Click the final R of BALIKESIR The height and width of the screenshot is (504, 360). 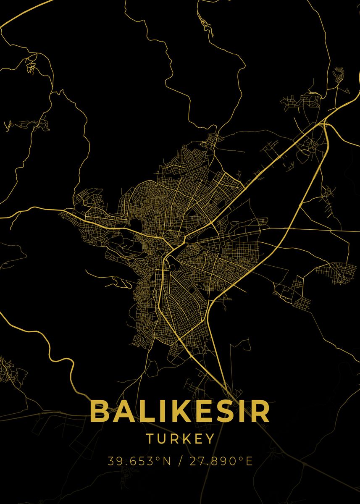(260, 412)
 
